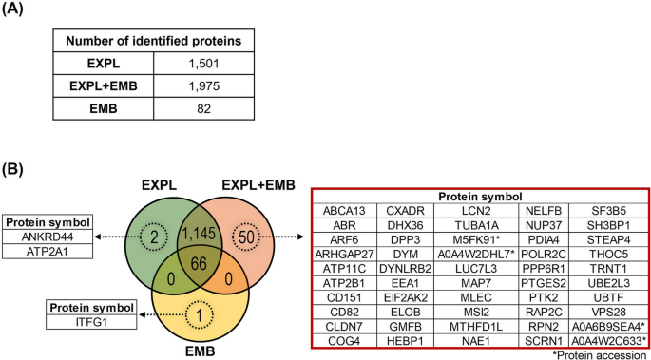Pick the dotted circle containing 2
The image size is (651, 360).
(155, 235)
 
